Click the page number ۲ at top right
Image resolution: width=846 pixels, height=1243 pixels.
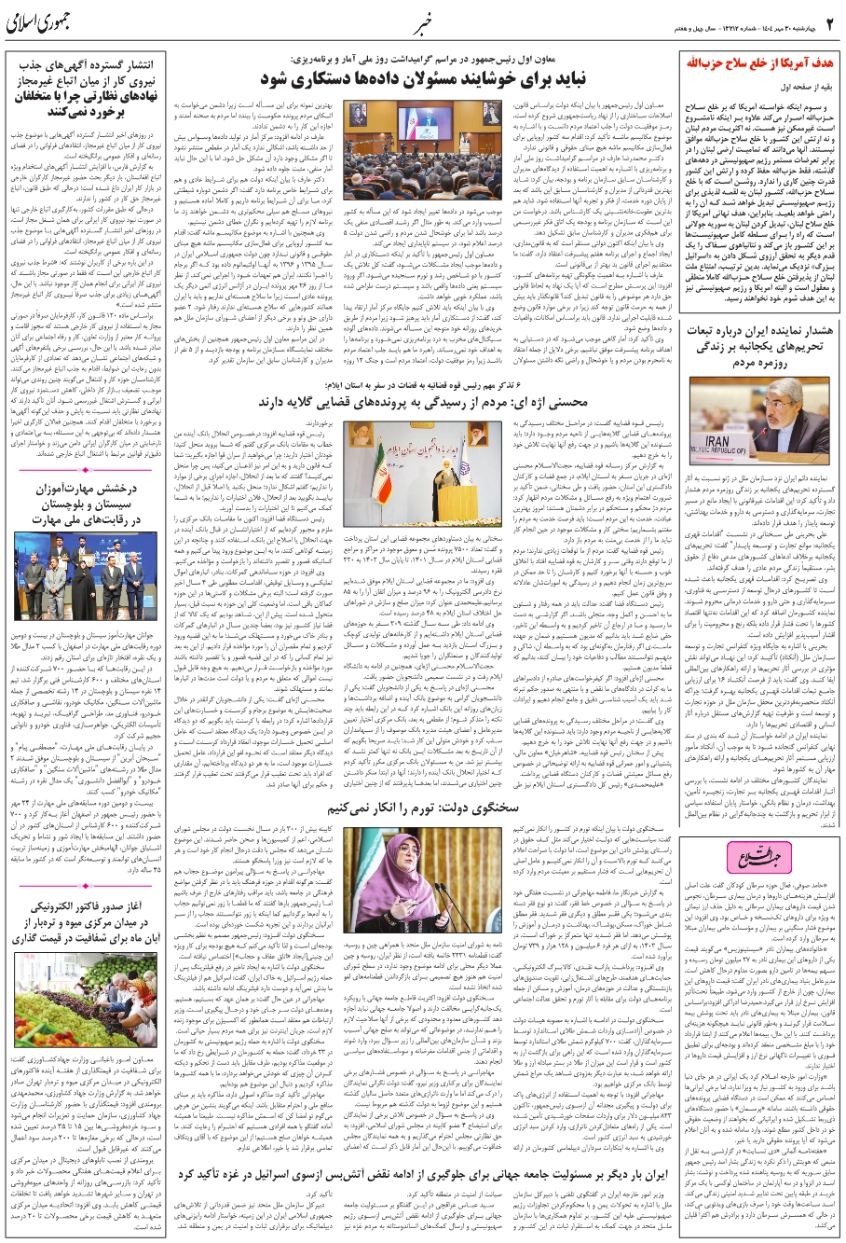coord(828,21)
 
